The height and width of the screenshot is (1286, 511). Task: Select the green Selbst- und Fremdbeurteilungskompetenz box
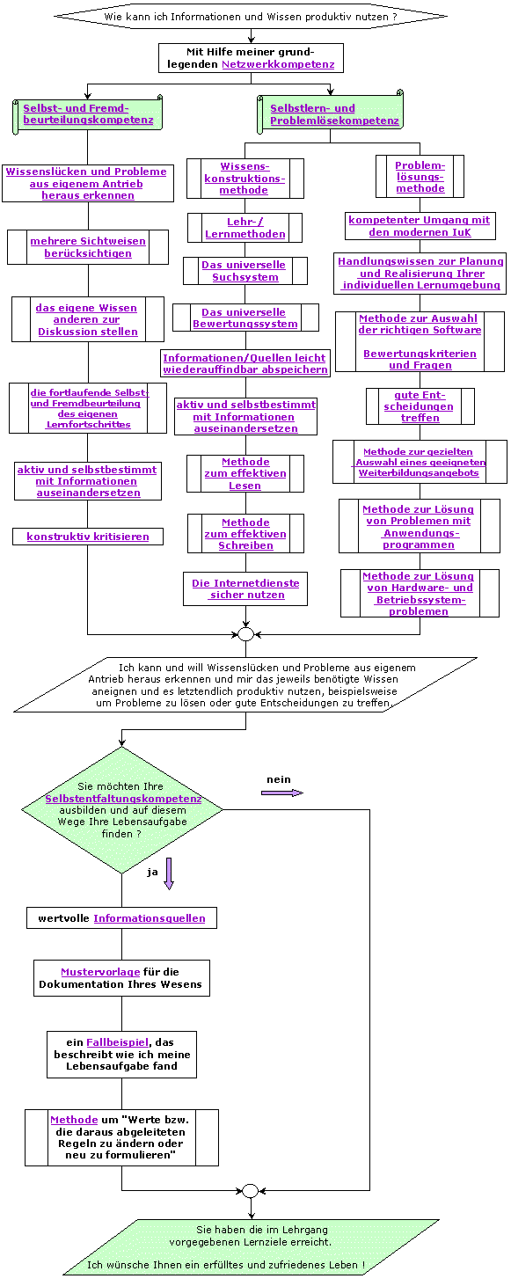88,113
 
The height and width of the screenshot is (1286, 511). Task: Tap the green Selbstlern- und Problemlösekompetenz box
333,114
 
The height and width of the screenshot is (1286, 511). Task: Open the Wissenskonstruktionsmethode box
245,178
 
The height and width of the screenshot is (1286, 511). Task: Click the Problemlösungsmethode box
420,177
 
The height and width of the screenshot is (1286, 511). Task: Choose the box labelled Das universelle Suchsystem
245,271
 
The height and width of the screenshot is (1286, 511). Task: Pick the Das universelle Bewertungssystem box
245,318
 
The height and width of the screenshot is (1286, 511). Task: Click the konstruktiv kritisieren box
88,537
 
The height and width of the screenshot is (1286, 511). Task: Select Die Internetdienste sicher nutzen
245,588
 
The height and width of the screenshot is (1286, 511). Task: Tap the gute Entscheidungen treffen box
420,406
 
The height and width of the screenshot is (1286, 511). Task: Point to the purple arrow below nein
281,793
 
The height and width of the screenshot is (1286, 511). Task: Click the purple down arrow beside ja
169,873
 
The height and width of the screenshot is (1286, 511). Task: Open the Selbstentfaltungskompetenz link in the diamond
123,798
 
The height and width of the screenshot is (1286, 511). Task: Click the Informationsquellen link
150,918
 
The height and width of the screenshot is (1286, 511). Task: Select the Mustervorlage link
99,972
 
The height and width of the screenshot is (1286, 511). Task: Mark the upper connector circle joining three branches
245,634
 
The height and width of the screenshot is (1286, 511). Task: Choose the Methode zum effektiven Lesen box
245,473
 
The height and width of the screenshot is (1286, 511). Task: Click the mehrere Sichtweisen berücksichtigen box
88,247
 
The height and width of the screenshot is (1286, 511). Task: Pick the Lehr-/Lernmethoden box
245,228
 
